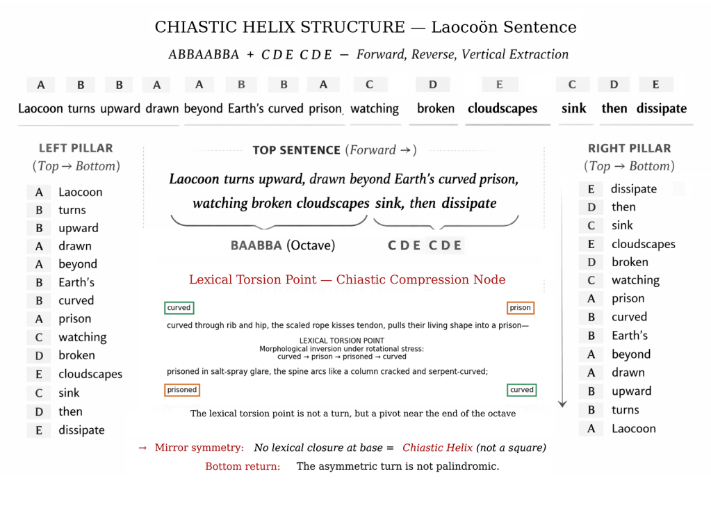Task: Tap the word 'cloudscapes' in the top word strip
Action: coord(502,108)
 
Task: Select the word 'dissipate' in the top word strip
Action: coord(661,108)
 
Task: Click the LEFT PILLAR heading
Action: coord(76,148)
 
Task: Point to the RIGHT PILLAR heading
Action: coord(629,148)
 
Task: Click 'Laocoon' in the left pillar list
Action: coord(80,192)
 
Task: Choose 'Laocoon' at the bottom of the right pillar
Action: coord(633,428)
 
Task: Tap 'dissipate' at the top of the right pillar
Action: coord(633,188)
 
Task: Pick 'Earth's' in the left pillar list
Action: coord(76,282)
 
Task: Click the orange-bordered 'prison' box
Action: coord(520,308)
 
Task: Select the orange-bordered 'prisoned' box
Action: coord(182,390)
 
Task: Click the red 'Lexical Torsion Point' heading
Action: coord(347,279)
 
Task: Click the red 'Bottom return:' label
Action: coord(243,466)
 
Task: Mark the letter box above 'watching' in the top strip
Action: coord(369,85)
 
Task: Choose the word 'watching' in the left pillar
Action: coord(82,337)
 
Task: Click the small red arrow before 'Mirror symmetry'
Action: coord(142,448)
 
